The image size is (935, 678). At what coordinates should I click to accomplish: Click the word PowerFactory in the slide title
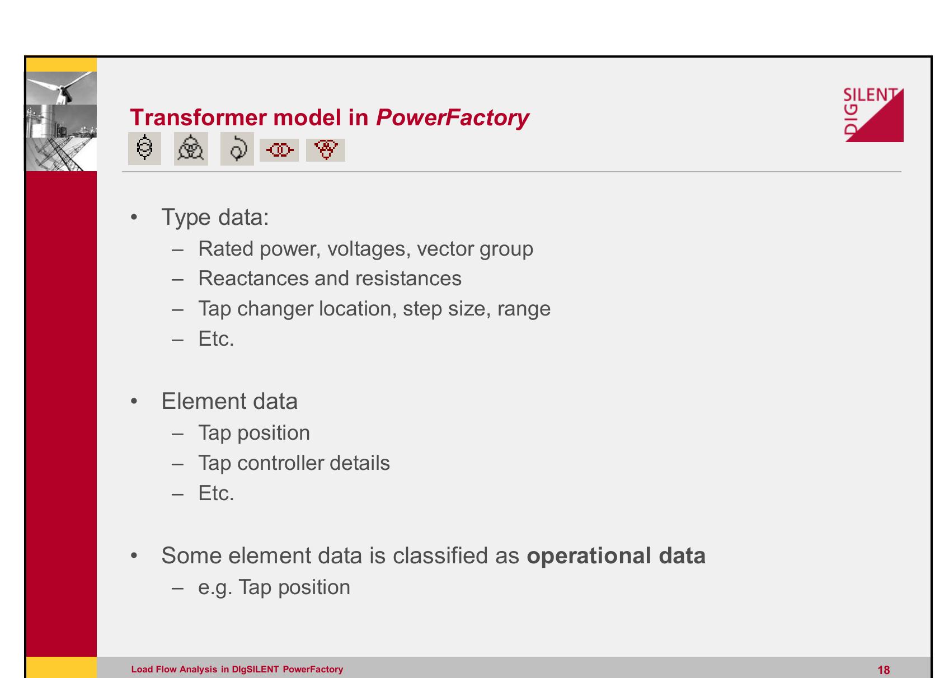[452, 117]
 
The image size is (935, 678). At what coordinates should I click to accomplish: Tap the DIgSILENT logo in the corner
[873, 115]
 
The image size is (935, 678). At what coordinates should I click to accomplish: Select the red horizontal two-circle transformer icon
[279, 150]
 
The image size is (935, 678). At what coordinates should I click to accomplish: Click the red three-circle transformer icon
[326, 149]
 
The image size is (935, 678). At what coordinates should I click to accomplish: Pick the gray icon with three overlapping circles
[191, 149]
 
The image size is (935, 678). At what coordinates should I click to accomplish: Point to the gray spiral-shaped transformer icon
[237, 149]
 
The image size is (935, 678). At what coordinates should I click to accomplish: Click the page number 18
[884, 670]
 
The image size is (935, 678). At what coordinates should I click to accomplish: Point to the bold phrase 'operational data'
[616, 555]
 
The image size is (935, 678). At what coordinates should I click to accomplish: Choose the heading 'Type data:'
[215, 217]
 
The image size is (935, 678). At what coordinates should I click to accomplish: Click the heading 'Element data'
[229, 402]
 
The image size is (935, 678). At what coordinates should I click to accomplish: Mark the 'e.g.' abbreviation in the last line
[215, 587]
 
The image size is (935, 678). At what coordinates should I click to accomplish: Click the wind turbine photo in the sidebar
[62, 88]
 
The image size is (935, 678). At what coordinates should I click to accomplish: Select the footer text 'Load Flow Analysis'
[174, 670]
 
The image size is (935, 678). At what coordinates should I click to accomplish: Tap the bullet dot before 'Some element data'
[133, 556]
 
